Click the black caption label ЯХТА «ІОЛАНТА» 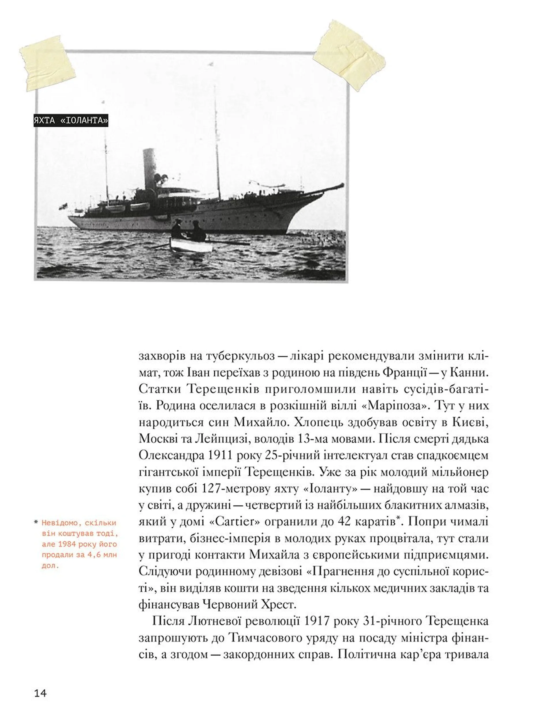tap(71, 121)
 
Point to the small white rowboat tap(191, 245)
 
